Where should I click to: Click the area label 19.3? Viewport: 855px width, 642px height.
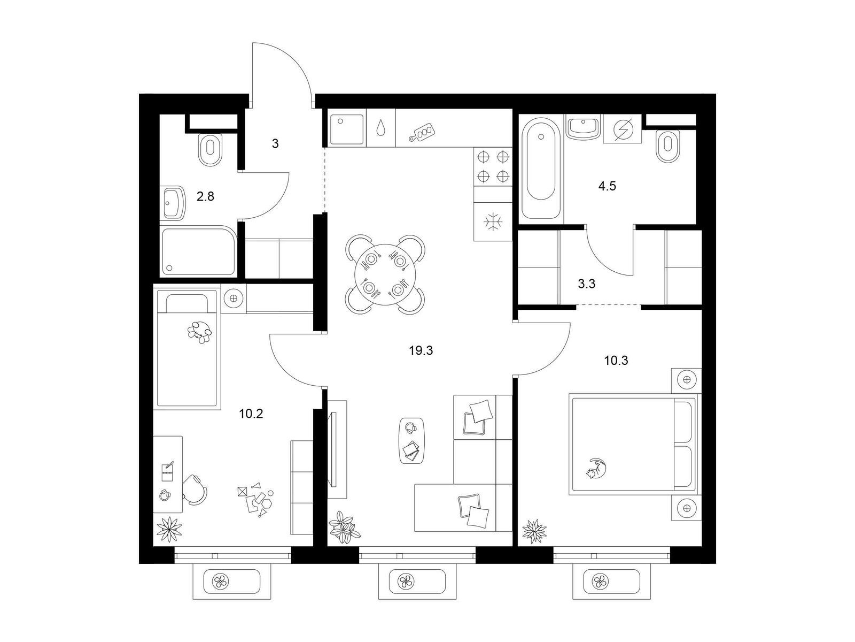421,351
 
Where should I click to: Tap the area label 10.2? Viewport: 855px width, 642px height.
251,414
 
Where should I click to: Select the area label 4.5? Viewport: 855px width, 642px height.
607,186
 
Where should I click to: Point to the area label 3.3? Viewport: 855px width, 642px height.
586,284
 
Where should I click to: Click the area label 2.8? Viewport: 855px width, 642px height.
205,196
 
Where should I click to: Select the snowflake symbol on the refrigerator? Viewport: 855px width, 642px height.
493,222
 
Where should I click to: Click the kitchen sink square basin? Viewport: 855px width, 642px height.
347,130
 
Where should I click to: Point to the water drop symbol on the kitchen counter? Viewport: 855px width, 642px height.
380,127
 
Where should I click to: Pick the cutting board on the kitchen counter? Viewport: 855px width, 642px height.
422,132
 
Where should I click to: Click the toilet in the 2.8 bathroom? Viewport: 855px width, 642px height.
211,150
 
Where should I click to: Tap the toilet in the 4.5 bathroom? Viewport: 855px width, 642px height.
667,146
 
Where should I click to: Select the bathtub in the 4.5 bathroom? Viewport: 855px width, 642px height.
541,168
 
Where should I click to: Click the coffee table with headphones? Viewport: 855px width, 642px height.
411,440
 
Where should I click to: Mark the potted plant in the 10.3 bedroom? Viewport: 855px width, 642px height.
534,531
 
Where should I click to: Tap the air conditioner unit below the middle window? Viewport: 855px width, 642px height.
417,582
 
